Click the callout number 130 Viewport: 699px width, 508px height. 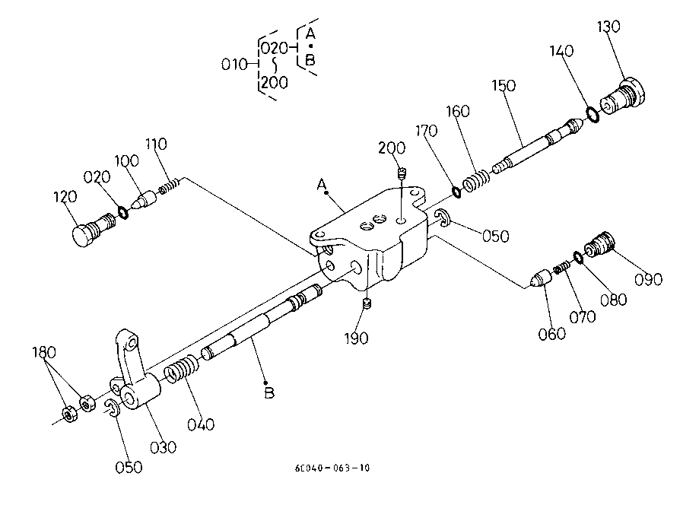(608, 27)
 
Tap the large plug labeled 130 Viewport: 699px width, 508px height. (623, 97)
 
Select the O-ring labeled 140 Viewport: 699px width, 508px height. (593, 115)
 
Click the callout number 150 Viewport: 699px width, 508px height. (504, 85)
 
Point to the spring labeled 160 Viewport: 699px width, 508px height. (476, 180)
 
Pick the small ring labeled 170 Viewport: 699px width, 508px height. (456, 192)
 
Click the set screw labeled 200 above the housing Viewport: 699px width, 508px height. (401, 173)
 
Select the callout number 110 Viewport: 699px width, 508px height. (156, 144)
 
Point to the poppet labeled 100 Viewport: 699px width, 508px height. (144, 199)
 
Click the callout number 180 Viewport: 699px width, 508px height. (43, 352)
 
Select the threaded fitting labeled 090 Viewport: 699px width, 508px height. (599, 244)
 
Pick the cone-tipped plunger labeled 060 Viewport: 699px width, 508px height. (542, 278)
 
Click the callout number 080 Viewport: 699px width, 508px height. (613, 300)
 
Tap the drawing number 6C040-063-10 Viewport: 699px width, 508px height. (332, 468)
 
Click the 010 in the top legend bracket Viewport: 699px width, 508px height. (234, 65)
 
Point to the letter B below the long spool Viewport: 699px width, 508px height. (268, 393)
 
